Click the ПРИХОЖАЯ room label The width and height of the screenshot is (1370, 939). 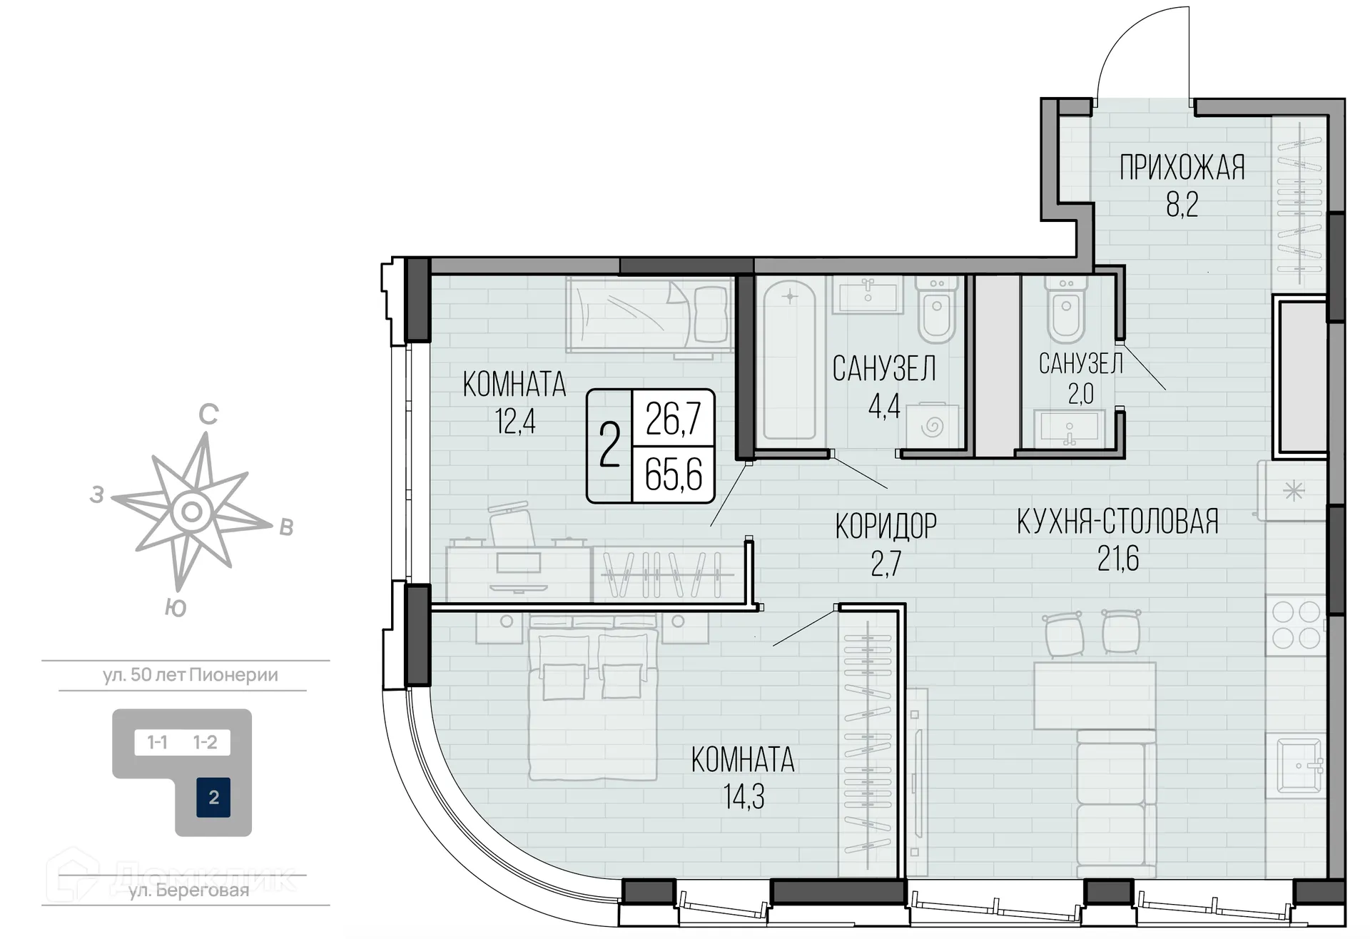[x=1182, y=168]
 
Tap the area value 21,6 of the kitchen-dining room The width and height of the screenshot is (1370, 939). [x=1118, y=559]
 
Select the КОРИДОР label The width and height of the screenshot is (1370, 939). [x=886, y=527]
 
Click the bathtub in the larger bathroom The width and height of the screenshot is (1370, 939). [x=790, y=360]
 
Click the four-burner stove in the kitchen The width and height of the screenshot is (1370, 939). [x=1296, y=625]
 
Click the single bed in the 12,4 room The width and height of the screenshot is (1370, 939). [x=649, y=314]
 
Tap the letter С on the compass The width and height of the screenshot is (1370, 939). [x=208, y=415]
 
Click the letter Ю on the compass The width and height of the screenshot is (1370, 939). [x=176, y=607]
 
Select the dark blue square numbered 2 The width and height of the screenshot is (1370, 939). [x=213, y=797]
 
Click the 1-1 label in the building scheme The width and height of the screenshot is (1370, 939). [x=157, y=743]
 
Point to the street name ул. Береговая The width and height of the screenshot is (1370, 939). [x=188, y=890]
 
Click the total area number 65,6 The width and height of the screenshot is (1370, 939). [x=674, y=474]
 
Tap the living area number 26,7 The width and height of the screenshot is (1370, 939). [x=674, y=418]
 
